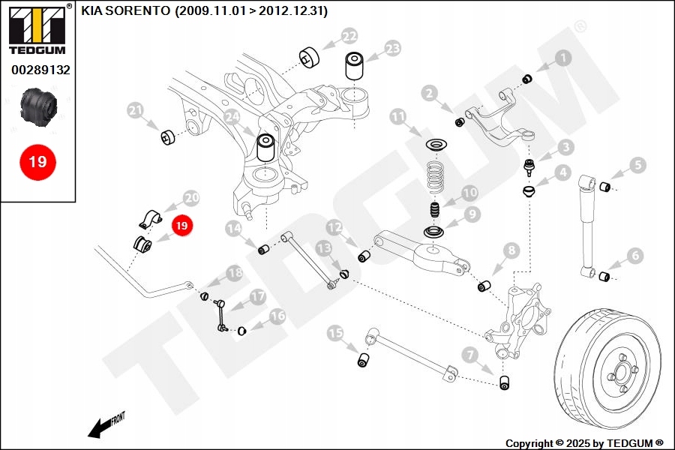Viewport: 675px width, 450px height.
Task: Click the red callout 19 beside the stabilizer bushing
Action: coord(182,224)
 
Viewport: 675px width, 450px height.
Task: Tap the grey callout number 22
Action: coord(349,36)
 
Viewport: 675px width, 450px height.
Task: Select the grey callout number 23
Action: coord(392,49)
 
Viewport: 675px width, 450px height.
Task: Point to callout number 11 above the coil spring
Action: coord(397,117)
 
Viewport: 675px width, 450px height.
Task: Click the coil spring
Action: coord(434,178)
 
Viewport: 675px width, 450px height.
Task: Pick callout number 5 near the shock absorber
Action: coord(637,165)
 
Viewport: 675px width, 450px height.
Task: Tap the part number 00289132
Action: coord(40,70)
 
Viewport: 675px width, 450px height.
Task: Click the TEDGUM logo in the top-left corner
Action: coord(36,31)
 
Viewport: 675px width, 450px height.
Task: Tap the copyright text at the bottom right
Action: coord(584,443)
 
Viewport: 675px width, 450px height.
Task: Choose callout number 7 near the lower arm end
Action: coord(469,354)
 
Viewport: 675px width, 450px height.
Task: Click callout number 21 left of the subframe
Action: coord(135,112)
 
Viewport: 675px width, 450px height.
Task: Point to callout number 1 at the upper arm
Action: coord(562,57)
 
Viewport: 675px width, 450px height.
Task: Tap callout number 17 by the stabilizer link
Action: coord(257,297)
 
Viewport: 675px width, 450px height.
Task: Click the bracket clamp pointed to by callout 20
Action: coord(150,218)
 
